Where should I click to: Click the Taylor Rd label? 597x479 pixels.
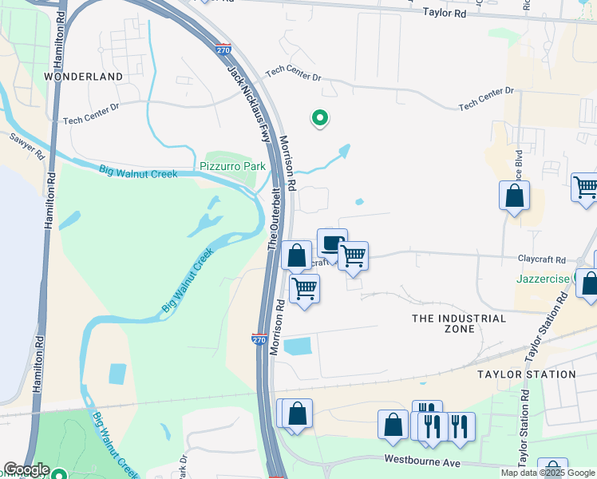tap(443, 13)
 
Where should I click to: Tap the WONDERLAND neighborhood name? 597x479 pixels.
tap(84, 77)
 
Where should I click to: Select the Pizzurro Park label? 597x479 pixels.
tap(231, 167)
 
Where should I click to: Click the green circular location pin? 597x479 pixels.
tap(319, 118)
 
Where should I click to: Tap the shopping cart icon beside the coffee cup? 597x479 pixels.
tap(353, 255)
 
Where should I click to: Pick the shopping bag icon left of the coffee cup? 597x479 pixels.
tap(296, 256)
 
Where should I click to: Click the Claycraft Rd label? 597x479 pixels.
tap(541, 260)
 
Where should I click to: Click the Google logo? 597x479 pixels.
tap(26, 469)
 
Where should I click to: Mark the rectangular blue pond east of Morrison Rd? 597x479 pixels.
tap(298, 346)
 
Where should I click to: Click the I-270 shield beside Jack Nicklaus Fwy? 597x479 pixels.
tap(224, 49)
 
